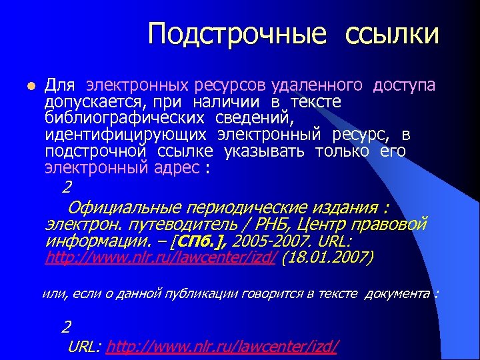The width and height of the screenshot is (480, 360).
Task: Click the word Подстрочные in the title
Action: (x=237, y=33)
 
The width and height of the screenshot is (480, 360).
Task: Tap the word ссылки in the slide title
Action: (x=392, y=33)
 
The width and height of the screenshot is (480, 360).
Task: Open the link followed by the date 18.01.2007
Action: (x=161, y=257)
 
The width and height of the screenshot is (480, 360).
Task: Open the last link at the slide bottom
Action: (x=223, y=346)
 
